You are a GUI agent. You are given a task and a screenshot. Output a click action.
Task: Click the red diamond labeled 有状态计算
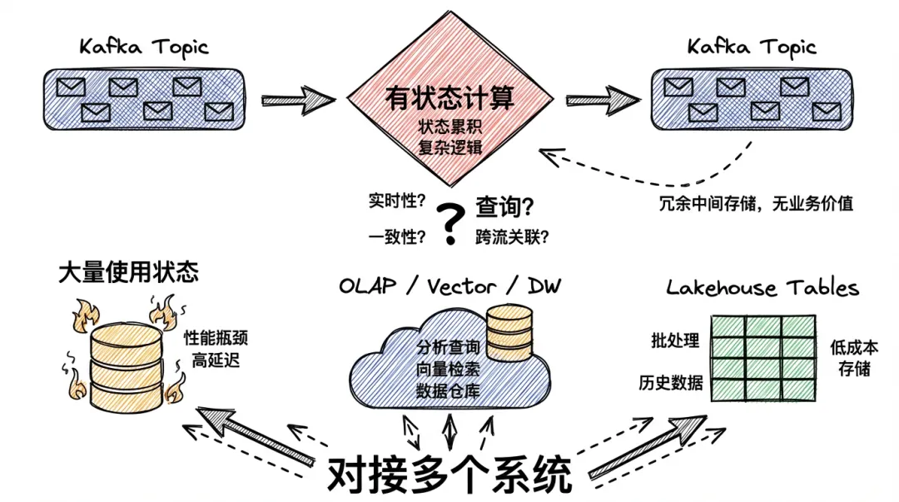coord(450,99)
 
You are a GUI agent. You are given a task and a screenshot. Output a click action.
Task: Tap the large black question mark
coord(450,224)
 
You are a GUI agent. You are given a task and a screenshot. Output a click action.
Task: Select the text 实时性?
coord(397,201)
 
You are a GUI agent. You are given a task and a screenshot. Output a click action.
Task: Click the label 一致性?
coord(397,236)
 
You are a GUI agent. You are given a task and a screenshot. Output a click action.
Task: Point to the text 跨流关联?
coord(512,236)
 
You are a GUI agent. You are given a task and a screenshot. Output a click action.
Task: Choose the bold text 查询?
coord(504,206)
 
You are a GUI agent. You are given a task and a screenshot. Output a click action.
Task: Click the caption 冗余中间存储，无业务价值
coord(756,204)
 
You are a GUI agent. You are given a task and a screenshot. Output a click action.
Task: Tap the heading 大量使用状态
coord(128,272)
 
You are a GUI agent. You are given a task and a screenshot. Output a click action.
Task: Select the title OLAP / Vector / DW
coord(450,286)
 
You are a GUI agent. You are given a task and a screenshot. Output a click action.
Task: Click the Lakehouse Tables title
coord(762,287)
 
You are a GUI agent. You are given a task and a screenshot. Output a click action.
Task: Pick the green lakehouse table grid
coord(763,358)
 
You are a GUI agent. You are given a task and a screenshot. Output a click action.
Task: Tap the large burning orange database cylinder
coord(127,367)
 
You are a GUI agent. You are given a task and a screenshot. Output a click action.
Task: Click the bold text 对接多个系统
coord(449,475)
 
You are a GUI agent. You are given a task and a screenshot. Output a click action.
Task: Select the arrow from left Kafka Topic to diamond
coord(299,101)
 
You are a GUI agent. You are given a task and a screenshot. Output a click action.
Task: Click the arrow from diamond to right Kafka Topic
coord(603,101)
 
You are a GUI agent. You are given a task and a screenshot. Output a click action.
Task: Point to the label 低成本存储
coord(854,357)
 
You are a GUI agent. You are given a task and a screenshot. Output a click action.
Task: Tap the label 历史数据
coord(671,382)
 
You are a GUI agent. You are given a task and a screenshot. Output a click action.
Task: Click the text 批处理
coord(675,340)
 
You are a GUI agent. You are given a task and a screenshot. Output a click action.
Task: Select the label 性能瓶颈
coord(216,337)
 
